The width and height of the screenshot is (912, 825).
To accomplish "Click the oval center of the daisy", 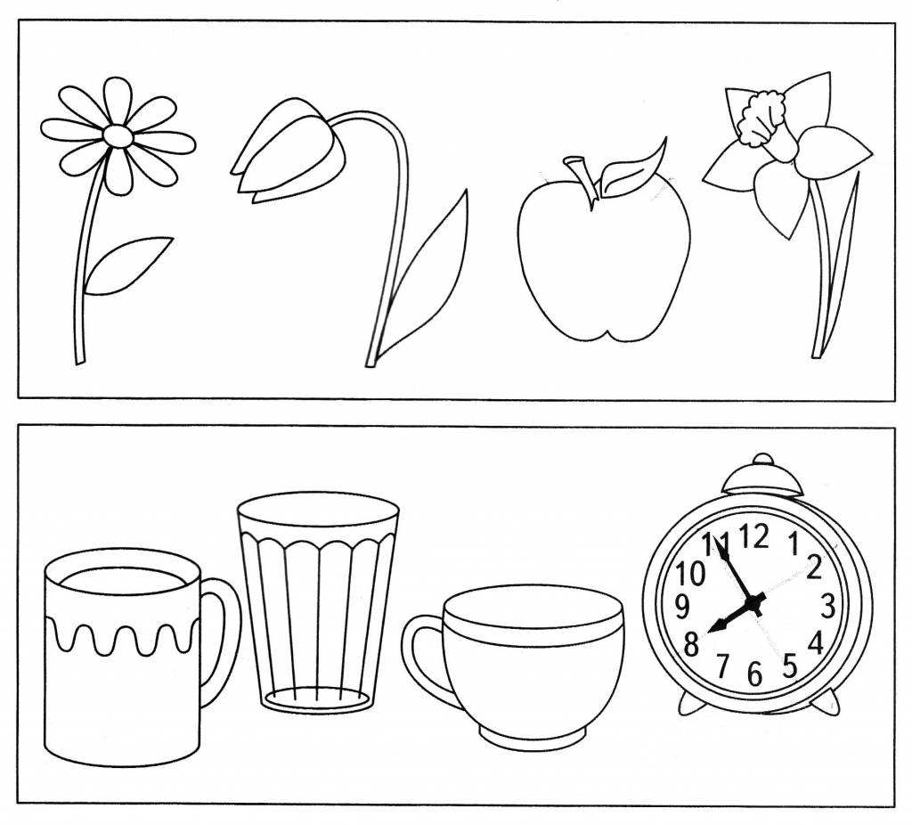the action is pyautogui.click(x=118, y=135).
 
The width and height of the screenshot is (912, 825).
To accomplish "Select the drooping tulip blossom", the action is pyautogui.click(x=285, y=151).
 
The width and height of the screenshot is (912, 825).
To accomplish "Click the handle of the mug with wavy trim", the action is pyautogui.click(x=220, y=640).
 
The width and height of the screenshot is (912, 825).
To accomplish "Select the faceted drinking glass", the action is pyautogui.click(x=318, y=602).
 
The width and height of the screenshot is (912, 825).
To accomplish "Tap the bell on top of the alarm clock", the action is pyautogui.click(x=762, y=476).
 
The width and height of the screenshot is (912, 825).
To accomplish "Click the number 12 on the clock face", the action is pyautogui.click(x=754, y=535).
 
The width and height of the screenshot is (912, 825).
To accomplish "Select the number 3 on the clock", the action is pyautogui.click(x=827, y=606).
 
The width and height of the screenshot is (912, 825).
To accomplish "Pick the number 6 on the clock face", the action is pyautogui.click(x=754, y=674).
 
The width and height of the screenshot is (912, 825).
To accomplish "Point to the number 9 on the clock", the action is pyautogui.click(x=682, y=607).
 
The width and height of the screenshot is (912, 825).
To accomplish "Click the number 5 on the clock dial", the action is pyautogui.click(x=789, y=666).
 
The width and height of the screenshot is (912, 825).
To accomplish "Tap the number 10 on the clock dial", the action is pyautogui.click(x=690, y=575).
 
